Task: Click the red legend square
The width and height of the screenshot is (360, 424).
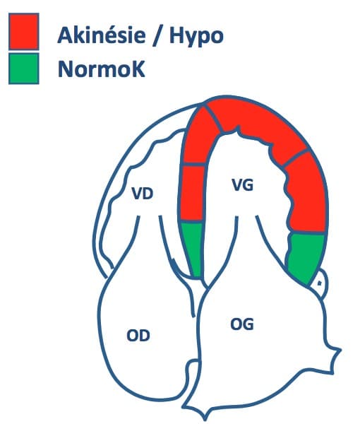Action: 24,32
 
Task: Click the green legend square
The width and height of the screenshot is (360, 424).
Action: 24,69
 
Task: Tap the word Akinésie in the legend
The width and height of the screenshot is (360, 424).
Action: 102,35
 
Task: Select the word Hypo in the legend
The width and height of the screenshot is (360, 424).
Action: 196,37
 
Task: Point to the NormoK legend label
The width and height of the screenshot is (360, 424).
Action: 101,69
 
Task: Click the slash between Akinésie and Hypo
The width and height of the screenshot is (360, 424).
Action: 157,36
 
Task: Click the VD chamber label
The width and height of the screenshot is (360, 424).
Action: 143,194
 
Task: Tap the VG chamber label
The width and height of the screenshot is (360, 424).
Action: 243,185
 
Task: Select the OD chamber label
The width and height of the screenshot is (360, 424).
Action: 138,336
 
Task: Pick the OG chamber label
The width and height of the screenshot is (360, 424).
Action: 242,324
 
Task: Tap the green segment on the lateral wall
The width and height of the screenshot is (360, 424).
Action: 305,258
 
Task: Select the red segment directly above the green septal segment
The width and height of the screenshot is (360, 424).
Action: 192,193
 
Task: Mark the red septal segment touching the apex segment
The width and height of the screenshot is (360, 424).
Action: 200,138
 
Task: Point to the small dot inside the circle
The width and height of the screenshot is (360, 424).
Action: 320,283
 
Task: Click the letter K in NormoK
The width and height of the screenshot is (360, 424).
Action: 138,69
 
